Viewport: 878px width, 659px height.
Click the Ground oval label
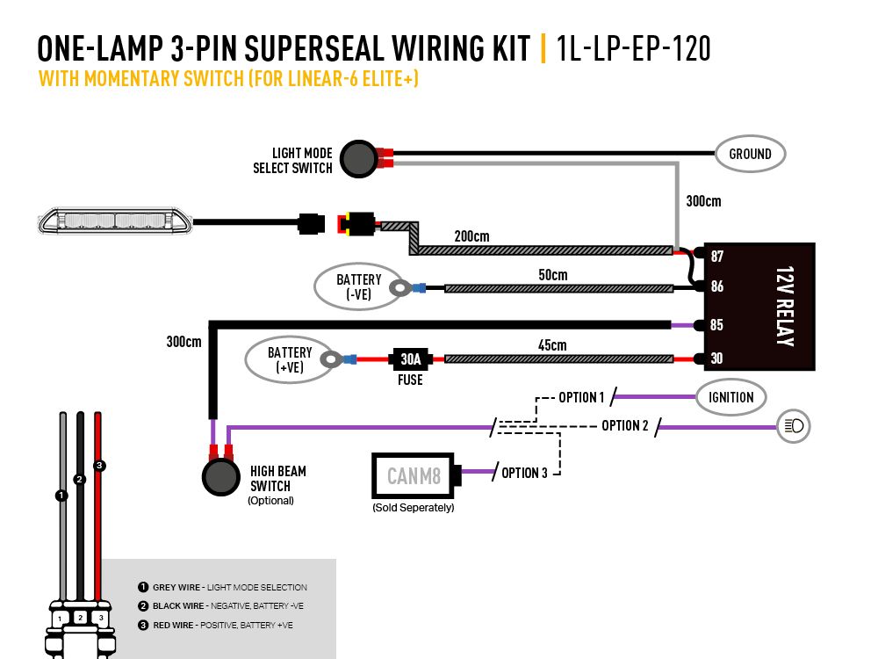(750, 154)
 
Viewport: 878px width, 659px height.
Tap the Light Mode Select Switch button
(357, 158)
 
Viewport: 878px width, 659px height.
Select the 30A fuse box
(410, 359)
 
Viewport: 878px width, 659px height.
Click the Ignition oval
(730, 397)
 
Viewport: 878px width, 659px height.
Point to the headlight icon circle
(795, 427)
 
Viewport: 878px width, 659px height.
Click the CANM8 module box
(412, 476)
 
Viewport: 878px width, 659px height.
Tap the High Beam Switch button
(220, 476)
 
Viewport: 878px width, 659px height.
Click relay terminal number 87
(717, 257)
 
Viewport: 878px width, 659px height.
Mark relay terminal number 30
(717, 358)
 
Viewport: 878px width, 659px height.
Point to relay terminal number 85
(717, 324)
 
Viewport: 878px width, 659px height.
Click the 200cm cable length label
(471, 236)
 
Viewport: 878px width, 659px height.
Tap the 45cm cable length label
(552, 345)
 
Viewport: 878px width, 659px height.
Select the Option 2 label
(625, 426)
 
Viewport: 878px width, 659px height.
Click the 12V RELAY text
(784, 306)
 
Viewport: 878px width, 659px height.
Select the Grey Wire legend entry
(222, 588)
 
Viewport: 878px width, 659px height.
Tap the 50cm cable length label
(552, 275)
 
